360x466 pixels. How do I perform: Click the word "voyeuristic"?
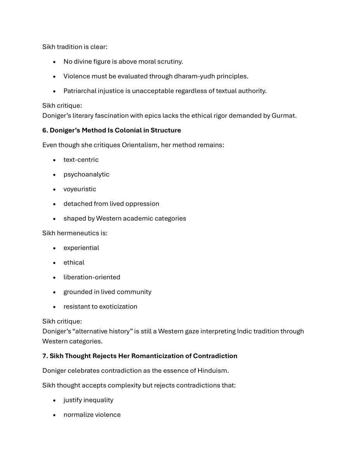click(x=80, y=189)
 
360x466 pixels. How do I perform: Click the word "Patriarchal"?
click(x=80, y=91)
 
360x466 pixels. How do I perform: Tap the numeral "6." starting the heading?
click(x=45, y=130)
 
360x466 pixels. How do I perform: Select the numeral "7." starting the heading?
click(x=45, y=356)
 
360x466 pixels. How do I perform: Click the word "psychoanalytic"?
click(x=86, y=175)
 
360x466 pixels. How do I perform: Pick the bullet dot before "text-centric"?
click(x=55, y=160)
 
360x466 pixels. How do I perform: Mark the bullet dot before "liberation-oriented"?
click(x=55, y=277)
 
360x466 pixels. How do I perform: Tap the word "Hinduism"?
click(x=212, y=371)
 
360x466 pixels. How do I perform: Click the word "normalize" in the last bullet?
click(x=77, y=415)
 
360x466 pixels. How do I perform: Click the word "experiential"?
click(x=81, y=248)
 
